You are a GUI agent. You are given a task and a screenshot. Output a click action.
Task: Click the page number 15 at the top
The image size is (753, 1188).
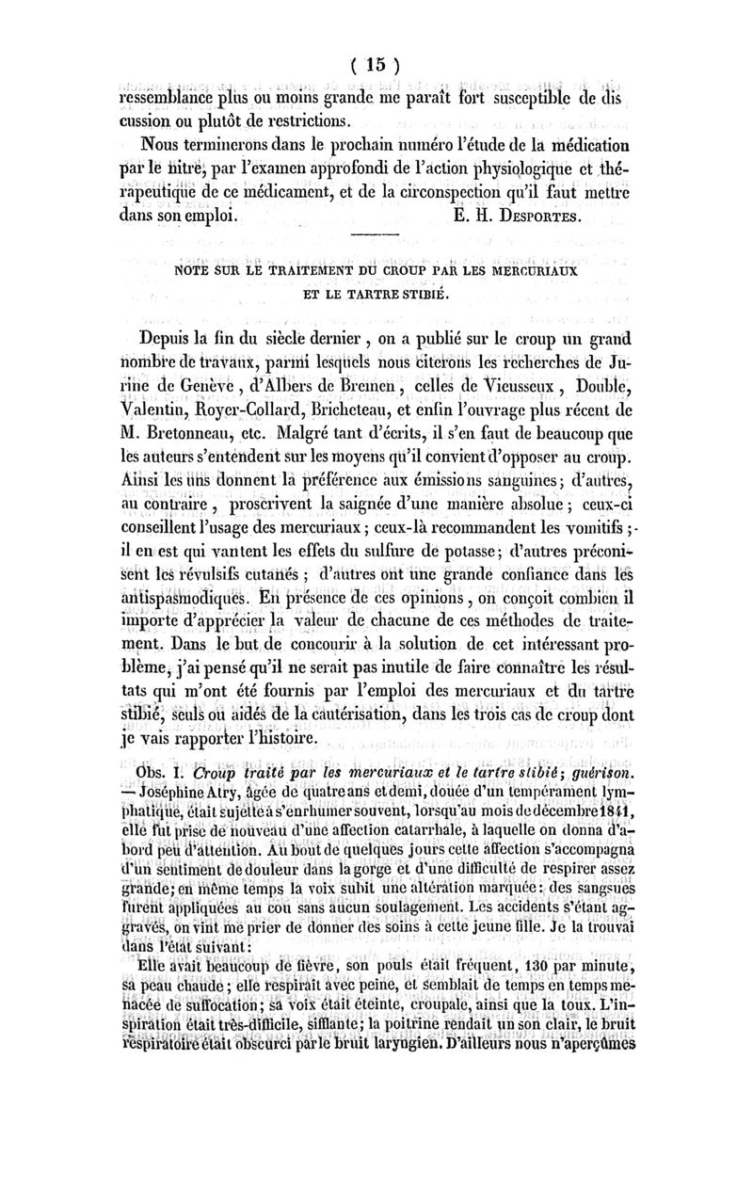pyautogui.click(x=376, y=66)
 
